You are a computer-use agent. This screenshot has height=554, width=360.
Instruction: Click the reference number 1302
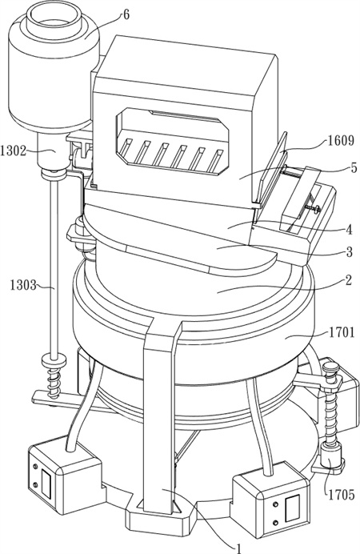[x=14, y=151]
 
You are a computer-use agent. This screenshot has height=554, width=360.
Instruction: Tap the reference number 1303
[x=23, y=284]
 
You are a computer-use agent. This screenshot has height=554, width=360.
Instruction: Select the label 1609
[x=340, y=141]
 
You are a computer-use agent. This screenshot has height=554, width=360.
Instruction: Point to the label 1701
[x=341, y=331]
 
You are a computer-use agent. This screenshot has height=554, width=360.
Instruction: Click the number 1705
[x=341, y=494]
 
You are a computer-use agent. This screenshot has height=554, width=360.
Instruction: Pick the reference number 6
[x=126, y=15]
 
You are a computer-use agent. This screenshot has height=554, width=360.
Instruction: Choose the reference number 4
[x=349, y=230]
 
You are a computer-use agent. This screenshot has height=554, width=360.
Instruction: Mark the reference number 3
[x=349, y=252]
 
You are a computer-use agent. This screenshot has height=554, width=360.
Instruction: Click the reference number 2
[x=348, y=280]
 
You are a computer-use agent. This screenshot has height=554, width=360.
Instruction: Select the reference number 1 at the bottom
[x=239, y=548]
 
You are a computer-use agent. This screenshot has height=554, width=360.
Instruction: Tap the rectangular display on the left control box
[x=46, y=482]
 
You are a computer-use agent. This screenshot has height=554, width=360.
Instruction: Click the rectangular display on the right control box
[x=293, y=508]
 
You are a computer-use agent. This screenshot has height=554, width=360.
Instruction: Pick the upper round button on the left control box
[x=34, y=467]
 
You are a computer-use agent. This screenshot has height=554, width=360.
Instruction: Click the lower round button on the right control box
[x=276, y=522]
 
